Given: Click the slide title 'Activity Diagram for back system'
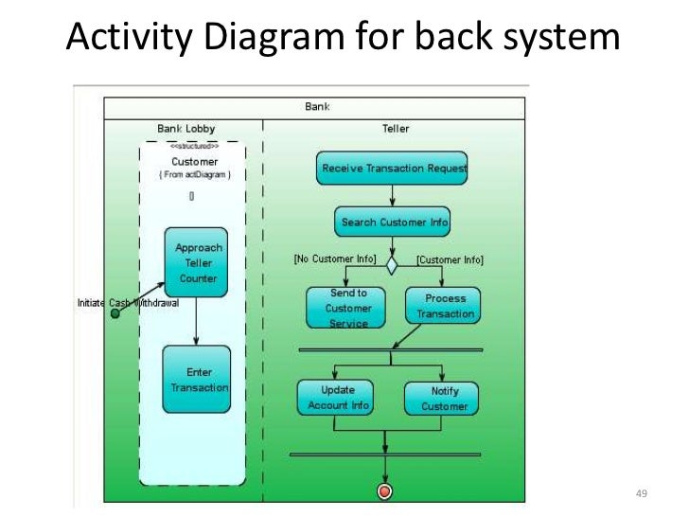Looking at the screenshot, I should pyautogui.click(x=344, y=37).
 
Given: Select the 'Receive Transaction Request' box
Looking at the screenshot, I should pyautogui.click(x=392, y=168).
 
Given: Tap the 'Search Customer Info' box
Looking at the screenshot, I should pyautogui.click(x=392, y=223).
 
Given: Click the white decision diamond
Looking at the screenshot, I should pyautogui.click(x=392, y=265).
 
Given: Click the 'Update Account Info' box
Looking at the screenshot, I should pyautogui.click(x=336, y=398).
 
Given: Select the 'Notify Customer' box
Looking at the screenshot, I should pyautogui.click(x=442, y=399).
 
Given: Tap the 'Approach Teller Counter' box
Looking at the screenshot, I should pyautogui.click(x=198, y=262).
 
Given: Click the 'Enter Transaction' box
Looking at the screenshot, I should pyautogui.click(x=197, y=380).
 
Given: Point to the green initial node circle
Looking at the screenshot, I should pyautogui.click(x=115, y=313).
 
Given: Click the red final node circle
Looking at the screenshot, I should pyautogui.click(x=384, y=490).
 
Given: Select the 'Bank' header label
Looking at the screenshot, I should pyautogui.click(x=317, y=107).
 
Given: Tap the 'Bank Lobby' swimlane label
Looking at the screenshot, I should pyautogui.click(x=185, y=128).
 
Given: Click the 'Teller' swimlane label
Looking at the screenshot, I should pyautogui.click(x=396, y=128).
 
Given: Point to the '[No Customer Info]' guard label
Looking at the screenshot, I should pyautogui.click(x=334, y=258).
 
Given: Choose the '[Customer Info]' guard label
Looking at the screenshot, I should pyautogui.click(x=450, y=258).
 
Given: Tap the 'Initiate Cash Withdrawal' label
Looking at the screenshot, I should pyautogui.click(x=127, y=303).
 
